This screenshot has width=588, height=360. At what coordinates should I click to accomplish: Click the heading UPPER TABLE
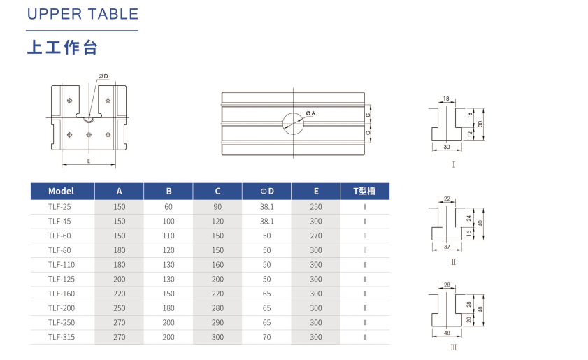[x=83, y=14]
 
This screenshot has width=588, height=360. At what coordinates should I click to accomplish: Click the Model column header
[x=61, y=192]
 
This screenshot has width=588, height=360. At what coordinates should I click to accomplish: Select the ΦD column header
[x=267, y=192]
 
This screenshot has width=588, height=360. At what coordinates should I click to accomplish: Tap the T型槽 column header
[x=364, y=192]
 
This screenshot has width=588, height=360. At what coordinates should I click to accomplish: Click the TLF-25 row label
[x=59, y=207]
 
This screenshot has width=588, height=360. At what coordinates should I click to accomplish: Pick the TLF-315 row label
[x=62, y=337]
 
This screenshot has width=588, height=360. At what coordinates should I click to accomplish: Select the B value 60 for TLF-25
[x=168, y=207]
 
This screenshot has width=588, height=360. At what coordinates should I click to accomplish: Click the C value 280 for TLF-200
[x=217, y=308]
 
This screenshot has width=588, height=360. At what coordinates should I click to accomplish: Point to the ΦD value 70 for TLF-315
[x=266, y=337]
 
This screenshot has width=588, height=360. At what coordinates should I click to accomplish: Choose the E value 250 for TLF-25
[x=316, y=207]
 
